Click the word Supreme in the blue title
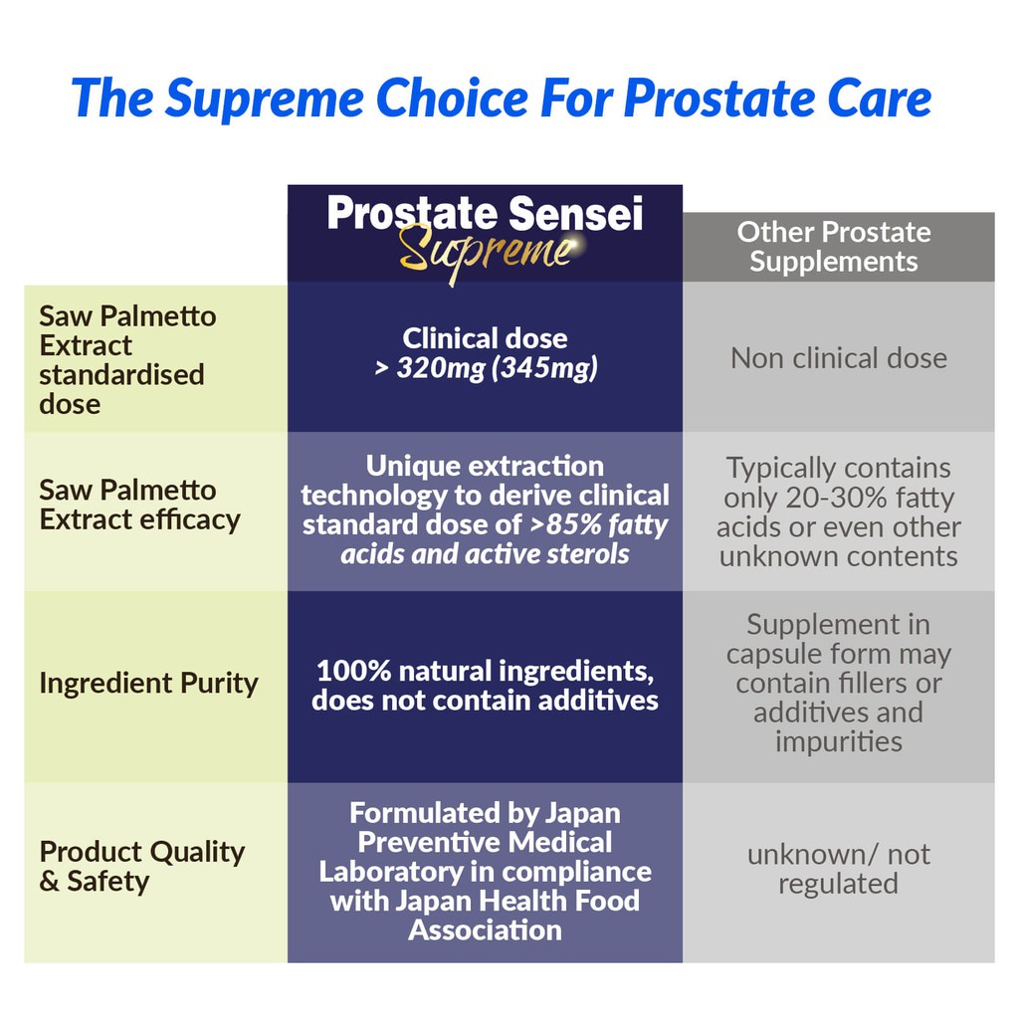point(264,100)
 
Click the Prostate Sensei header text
point(485,213)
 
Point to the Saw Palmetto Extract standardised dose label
point(127,360)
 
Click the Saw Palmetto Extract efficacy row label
point(139,505)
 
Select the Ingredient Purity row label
point(149,683)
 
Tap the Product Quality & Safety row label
point(141,867)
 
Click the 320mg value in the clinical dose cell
point(441,368)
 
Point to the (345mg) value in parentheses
point(544,368)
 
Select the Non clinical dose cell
point(838,358)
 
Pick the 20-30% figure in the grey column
point(837,498)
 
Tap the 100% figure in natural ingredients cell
point(353,671)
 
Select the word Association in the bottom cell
point(485,930)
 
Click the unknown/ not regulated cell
point(838,869)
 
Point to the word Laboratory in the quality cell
point(390,872)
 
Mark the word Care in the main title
point(880,100)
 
